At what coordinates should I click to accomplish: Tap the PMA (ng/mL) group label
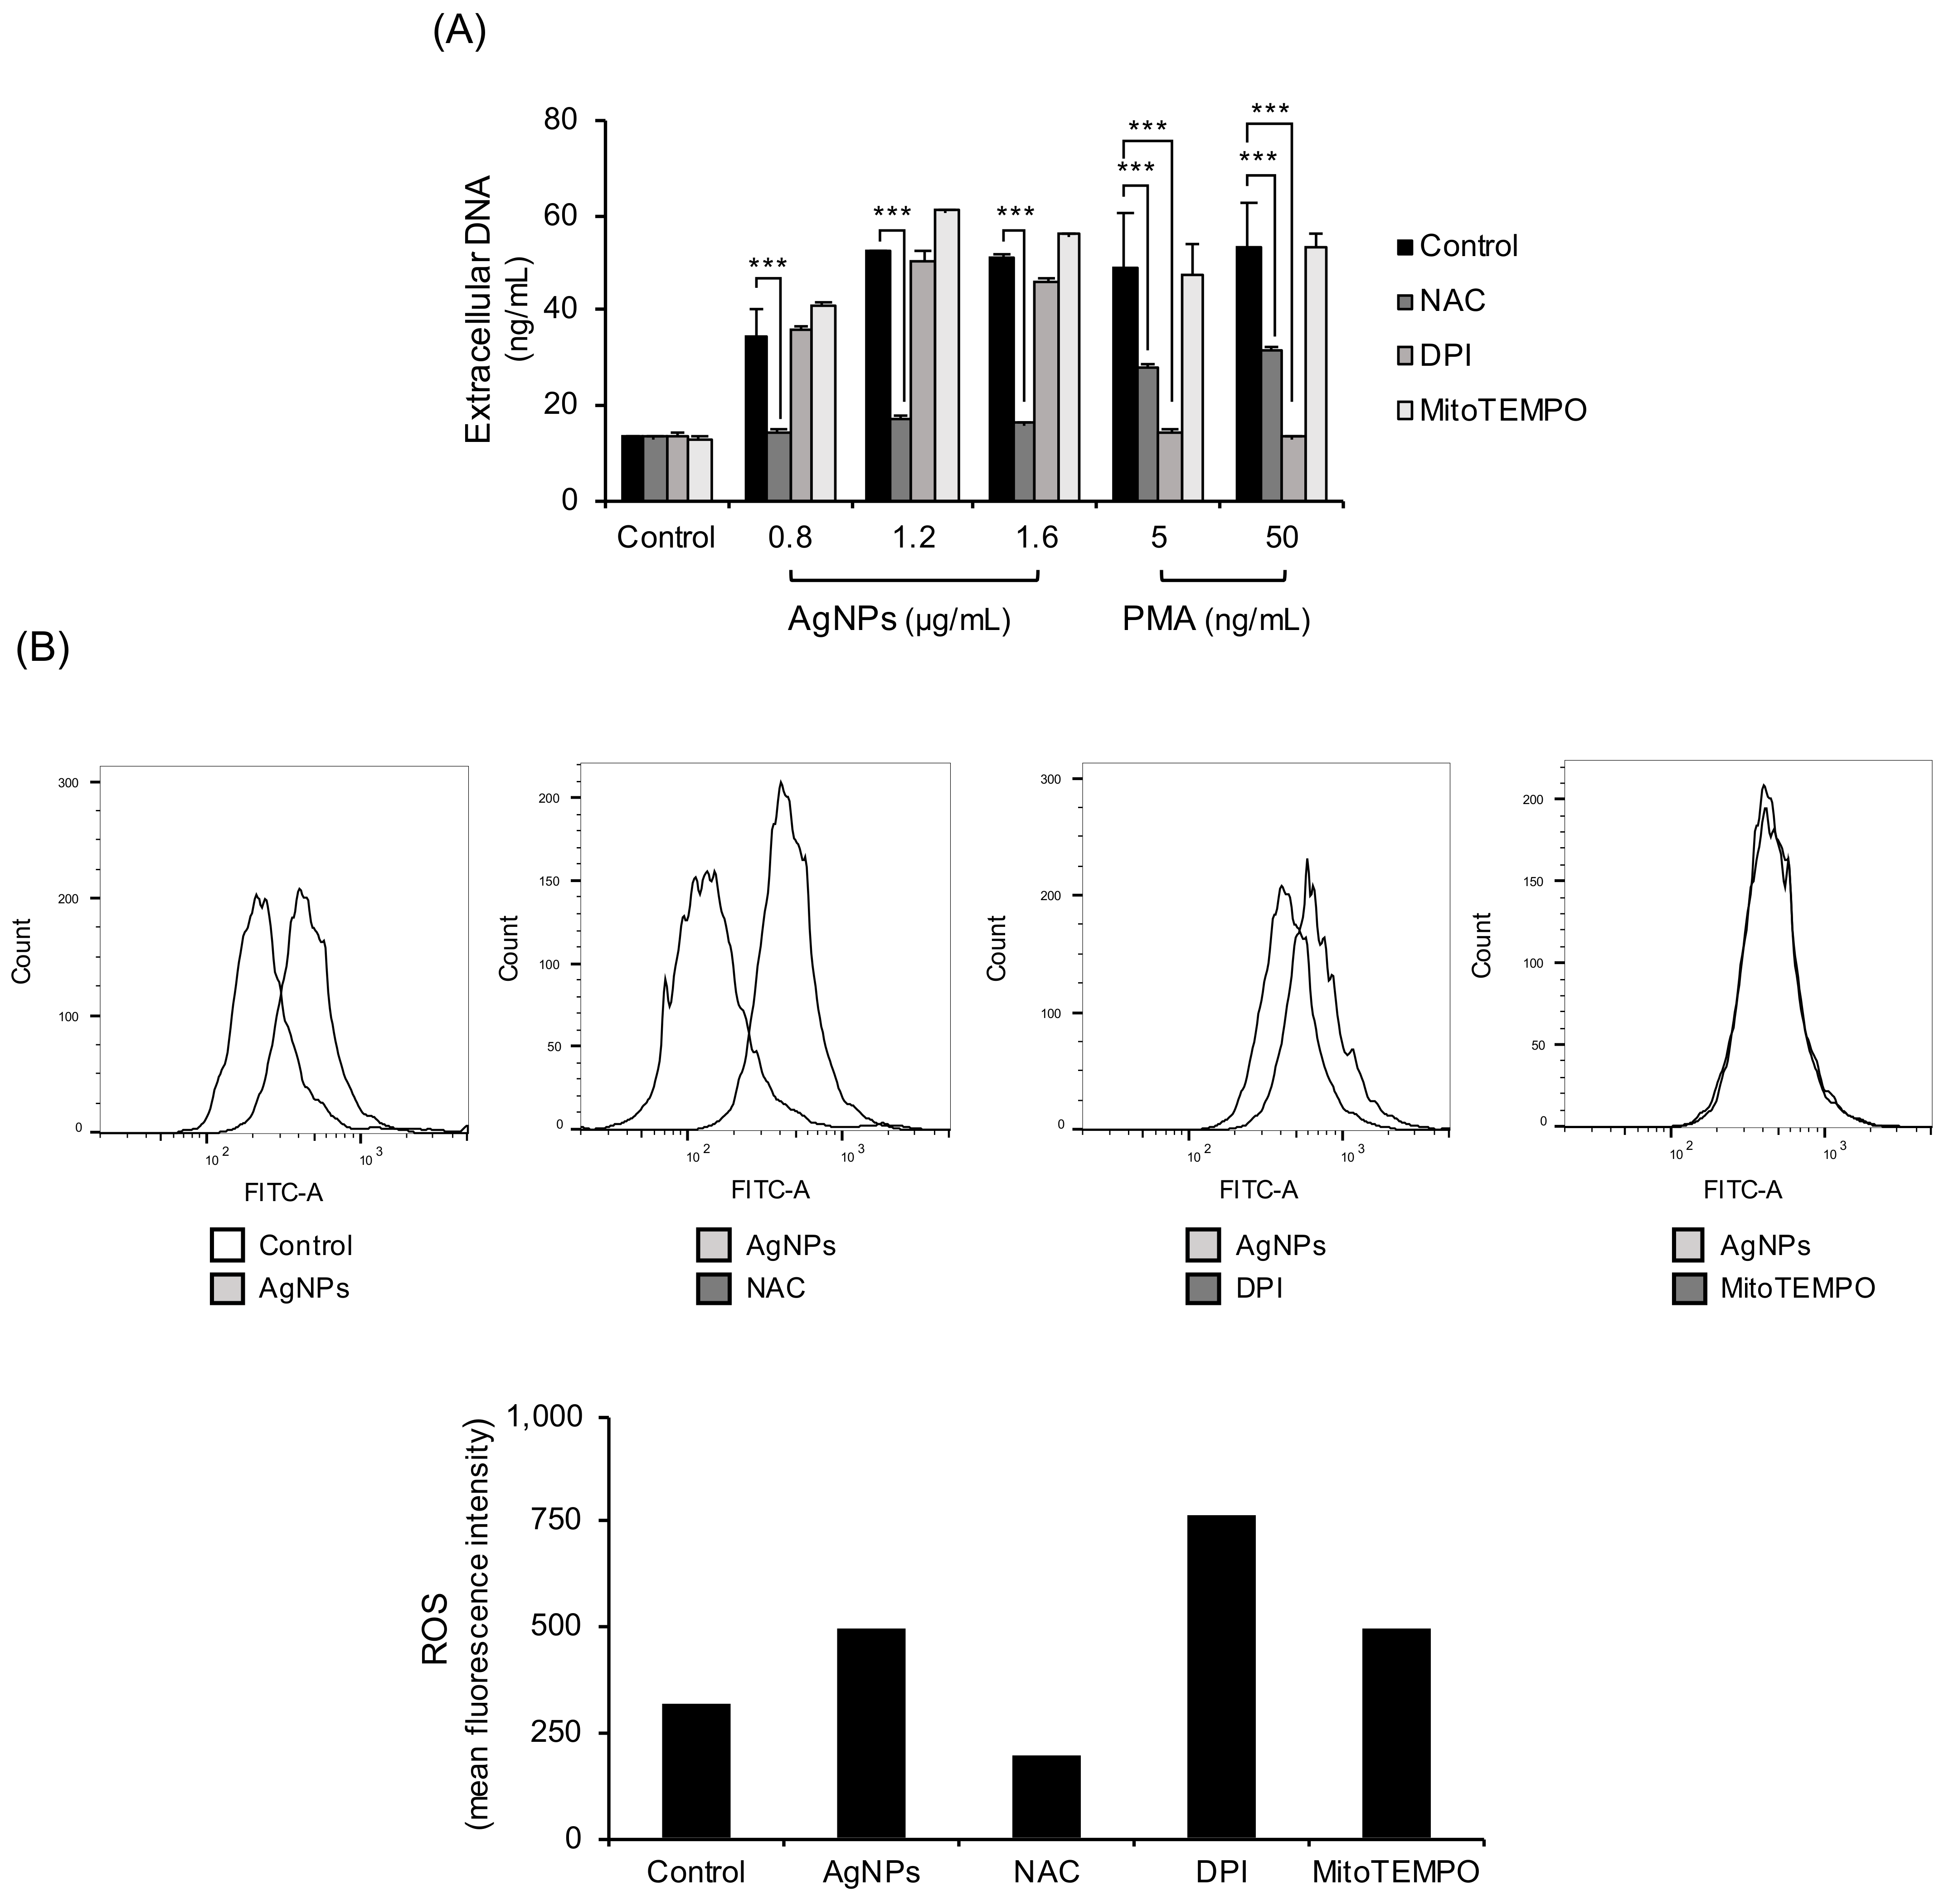(x=1215, y=620)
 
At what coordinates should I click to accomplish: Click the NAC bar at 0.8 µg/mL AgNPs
(x=778, y=466)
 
